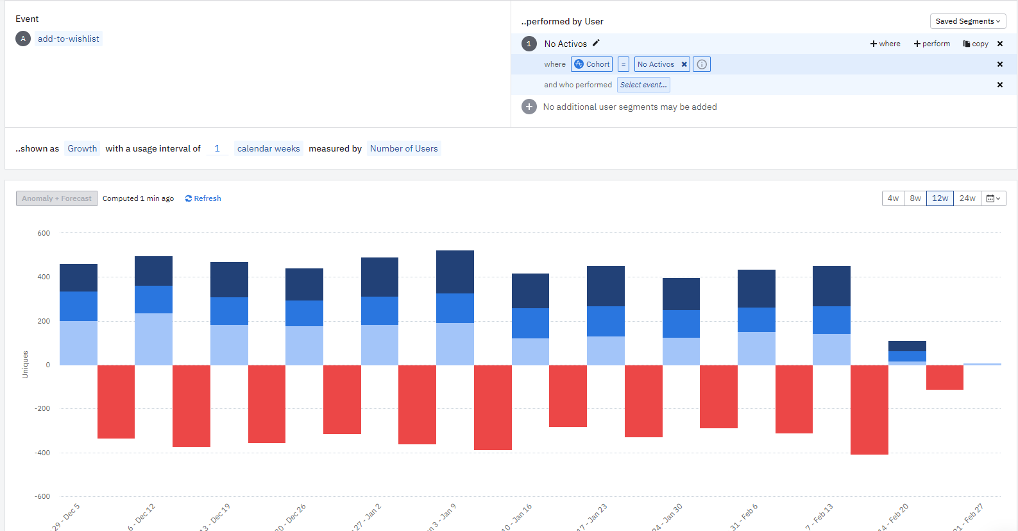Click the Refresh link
pyautogui.click(x=203, y=198)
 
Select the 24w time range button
pyautogui.click(x=967, y=198)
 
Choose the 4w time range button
pyautogui.click(x=893, y=198)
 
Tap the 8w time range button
pyautogui.click(x=915, y=198)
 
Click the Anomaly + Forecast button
pyautogui.click(x=56, y=198)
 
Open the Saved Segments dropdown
pyautogui.click(x=967, y=21)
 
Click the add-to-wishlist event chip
pyautogui.click(x=68, y=39)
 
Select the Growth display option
pyautogui.click(x=82, y=148)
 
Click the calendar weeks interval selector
pyautogui.click(x=268, y=148)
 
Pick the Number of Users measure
pyautogui.click(x=403, y=148)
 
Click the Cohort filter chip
pyautogui.click(x=592, y=64)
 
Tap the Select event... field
pyautogui.click(x=643, y=85)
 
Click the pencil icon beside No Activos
pyautogui.click(x=596, y=43)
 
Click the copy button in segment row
pyautogui.click(x=976, y=44)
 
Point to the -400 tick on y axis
pyautogui.click(x=42, y=453)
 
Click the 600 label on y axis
pyautogui.click(x=44, y=233)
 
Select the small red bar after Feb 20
pyautogui.click(x=944, y=377)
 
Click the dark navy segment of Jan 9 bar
pyautogui.click(x=455, y=272)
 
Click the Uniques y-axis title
pyautogui.click(x=25, y=364)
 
